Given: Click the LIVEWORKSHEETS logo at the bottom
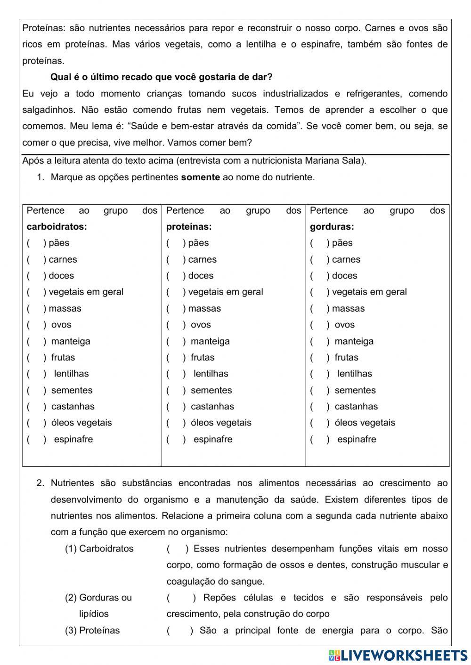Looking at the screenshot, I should point(398,655).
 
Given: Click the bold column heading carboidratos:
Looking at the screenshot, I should point(57,227).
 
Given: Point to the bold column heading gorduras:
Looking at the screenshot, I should point(332,227).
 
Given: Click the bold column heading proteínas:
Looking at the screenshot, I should point(189,227).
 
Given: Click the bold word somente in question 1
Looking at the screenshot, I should point(200,177).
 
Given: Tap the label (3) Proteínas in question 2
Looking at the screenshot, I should point(92,631).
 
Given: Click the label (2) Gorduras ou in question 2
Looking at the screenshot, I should point(98,598).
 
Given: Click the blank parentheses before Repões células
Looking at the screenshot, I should point(181,598).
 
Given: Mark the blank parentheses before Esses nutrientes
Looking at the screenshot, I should point(178,549).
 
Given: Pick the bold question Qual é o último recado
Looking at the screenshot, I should point(161,77).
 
